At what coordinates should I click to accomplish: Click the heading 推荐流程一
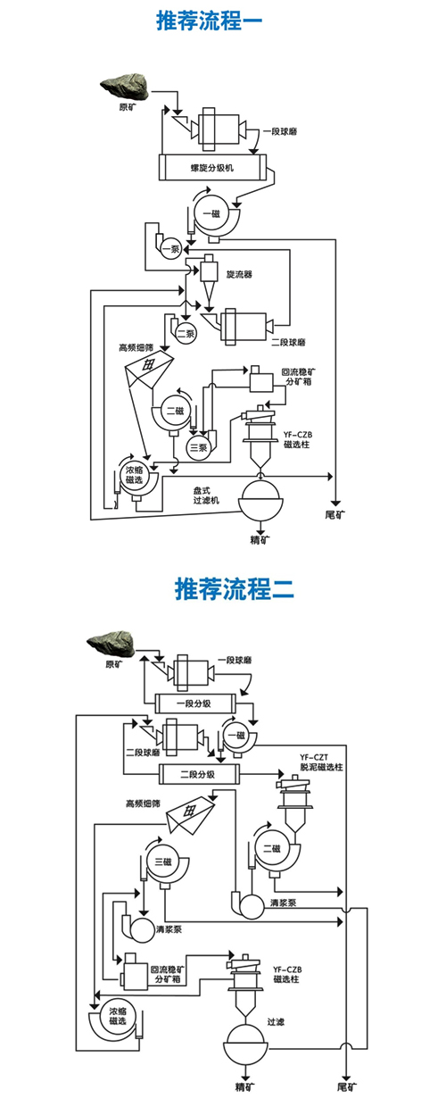209,21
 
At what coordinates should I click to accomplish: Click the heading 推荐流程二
235,588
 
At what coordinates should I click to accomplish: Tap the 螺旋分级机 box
212,168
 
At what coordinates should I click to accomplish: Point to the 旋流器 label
239,274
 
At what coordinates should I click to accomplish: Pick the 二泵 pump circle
186,334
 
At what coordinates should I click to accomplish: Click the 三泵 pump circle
199,448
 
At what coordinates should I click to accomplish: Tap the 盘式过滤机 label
206,495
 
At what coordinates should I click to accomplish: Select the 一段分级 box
195,703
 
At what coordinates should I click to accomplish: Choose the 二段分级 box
199,774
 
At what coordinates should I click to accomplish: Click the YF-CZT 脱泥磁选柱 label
321,762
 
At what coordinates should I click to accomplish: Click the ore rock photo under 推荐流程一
125,87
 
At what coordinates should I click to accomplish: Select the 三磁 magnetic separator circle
163,862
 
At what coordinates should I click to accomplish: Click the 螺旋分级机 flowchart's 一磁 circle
212,213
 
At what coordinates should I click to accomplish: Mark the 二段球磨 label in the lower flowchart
143,753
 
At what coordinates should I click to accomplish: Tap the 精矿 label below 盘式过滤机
260,539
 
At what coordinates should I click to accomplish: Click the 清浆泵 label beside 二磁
284,903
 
